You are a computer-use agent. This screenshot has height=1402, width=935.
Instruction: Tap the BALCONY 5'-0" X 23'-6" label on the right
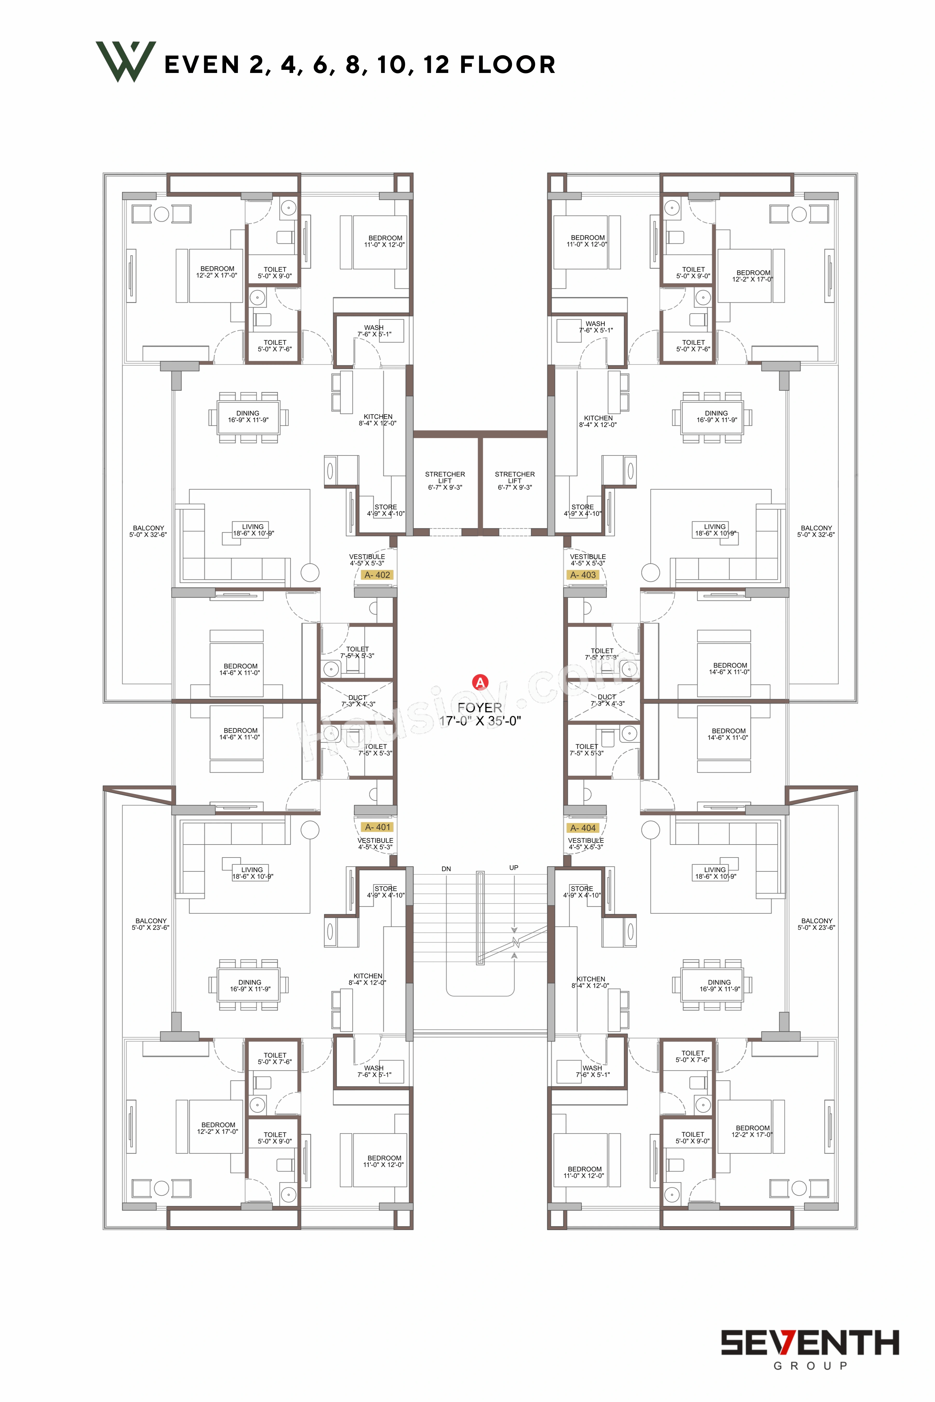click(x=816, y=924)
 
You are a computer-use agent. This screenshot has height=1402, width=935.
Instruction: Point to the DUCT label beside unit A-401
click(x=358, y=700)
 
